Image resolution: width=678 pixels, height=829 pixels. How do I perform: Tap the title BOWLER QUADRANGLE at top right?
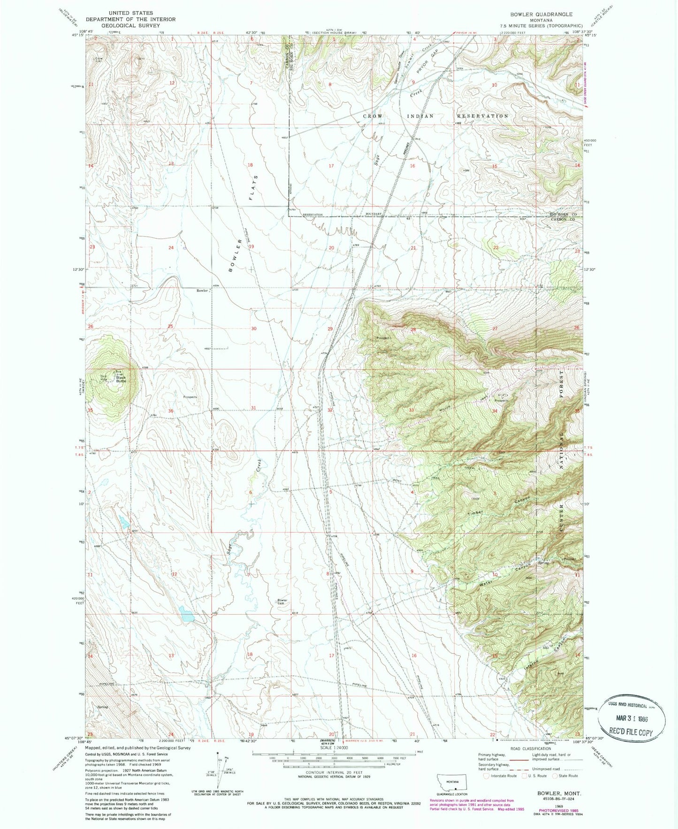click(x=541, y=15)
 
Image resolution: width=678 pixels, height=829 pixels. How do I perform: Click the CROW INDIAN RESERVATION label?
click(x=435, y=116)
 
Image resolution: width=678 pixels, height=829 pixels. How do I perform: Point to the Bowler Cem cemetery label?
click(x=282, y=602)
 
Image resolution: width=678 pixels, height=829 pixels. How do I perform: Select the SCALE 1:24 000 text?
click(x=334, y=747)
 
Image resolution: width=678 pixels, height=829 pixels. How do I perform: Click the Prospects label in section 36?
click(x=190, y=397)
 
